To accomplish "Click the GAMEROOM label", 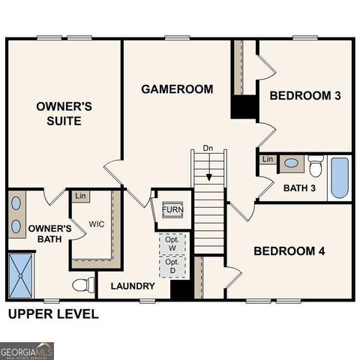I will pyautogui.click(x=177, y=89).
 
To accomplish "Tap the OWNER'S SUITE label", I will pyautogui.click(x=64, y=113).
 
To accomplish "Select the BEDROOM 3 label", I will pyautogui.click(x=305, y=95).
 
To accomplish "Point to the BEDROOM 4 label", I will pyautogui.click(x=289, y=250).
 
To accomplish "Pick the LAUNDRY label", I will pyautogui.click(x=133, y=286).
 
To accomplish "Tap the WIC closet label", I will pyautogui.click(x=97, y=223).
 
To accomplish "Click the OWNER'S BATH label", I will pyautogui.click(x=50, y=233).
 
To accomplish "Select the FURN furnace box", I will pyautogui.click(x=172, y=209).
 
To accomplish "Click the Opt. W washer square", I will pyautogui.click(x=172, y=244).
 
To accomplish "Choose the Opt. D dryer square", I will pyautogui.click(x=172, y=266).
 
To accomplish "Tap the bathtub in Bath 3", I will pyautogui.click(x=340, y=178).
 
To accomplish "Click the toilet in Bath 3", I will pyautogui.click(x=316, y=164).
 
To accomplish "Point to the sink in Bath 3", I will pyautogui.click(x=291, y=163).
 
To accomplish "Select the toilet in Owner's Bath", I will pyautogui.click(x=83, y=284).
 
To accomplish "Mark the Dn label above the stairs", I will pyautogui.click(x=208, y=148).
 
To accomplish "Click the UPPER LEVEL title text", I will pyautogui.click(x=52, y=314).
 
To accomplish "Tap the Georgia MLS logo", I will pyautogui.click(x=27, y=350).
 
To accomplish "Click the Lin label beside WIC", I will pyautogui.click(x=80, y=196).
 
